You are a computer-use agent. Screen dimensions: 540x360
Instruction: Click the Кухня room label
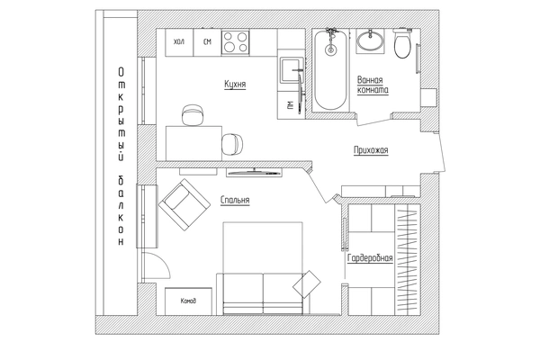235,84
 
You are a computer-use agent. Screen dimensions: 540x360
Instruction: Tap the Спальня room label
235,200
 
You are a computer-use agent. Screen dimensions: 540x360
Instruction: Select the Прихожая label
371,150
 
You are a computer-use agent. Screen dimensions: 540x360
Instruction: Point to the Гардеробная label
370,258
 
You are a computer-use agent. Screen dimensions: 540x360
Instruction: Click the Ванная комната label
373,85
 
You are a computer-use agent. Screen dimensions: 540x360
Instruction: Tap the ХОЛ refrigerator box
179,42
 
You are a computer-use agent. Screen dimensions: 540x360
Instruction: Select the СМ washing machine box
207,42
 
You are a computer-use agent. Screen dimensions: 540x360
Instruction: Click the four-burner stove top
235,42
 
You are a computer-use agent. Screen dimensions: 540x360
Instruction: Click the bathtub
330,70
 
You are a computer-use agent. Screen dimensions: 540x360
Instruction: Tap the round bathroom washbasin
370,40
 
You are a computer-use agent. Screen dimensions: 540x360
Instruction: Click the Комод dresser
188,301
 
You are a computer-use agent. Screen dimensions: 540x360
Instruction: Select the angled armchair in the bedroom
184,204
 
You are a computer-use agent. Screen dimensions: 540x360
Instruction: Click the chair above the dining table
193,115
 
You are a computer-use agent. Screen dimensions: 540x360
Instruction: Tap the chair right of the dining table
232,144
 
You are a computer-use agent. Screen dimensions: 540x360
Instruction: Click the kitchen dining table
193,143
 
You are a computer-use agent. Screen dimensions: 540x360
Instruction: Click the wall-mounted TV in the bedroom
254,172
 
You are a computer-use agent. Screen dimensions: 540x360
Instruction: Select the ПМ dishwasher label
290,104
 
